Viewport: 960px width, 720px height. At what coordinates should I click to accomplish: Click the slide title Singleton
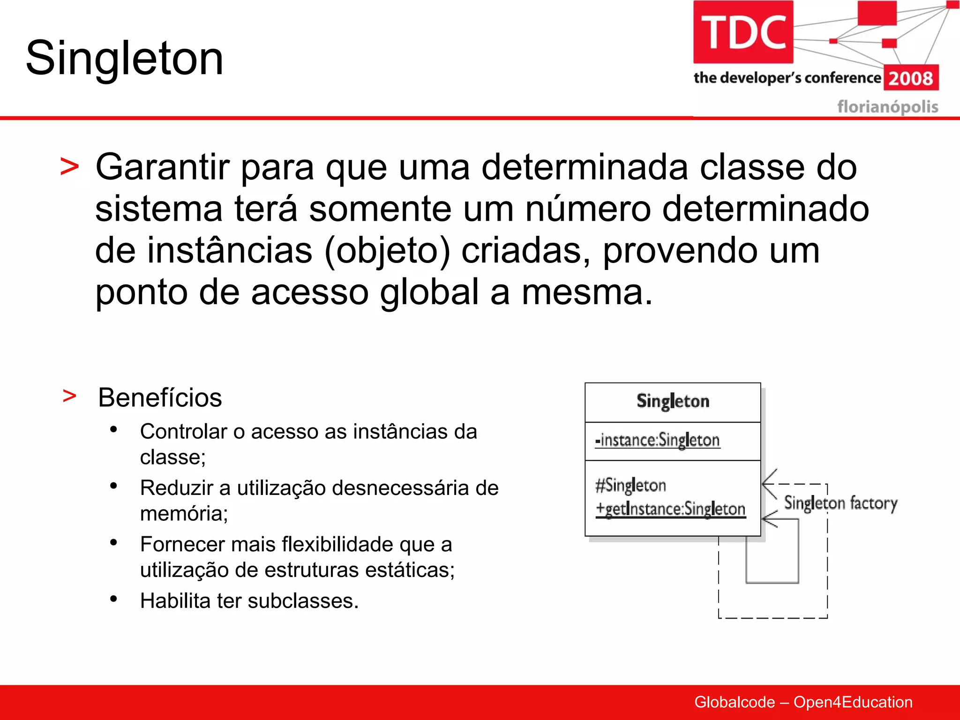(124, 58)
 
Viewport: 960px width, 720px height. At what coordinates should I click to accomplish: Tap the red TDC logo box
(743, 32)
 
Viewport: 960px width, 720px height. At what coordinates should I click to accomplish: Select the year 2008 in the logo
(911, 78)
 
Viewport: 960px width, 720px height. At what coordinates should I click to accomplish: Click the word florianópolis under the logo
(887, 107)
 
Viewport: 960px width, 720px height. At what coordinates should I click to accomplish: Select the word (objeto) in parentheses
(387, 251)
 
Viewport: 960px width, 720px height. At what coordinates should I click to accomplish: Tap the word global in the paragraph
(429, 292)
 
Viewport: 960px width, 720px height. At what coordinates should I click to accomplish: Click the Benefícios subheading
(160, 398)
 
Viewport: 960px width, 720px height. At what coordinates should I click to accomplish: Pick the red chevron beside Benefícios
(69, 396)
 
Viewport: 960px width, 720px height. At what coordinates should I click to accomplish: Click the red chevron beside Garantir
(69, 167)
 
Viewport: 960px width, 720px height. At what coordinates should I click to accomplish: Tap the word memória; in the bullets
(184, 514)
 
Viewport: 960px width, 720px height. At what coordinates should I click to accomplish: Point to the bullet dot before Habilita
(113, 599)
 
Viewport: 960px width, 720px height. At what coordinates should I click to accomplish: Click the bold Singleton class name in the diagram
(673, 402)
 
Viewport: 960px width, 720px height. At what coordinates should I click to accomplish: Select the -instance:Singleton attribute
(657, 440)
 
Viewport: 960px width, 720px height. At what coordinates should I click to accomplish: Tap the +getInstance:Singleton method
(670, 509)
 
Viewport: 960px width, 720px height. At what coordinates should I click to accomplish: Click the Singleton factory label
(840, 503)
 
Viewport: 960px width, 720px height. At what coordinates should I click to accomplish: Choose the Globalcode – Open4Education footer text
(803, 702)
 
